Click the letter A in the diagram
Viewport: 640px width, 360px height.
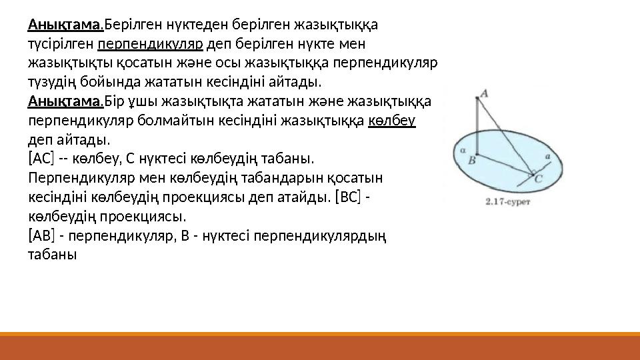(x=485, y=94)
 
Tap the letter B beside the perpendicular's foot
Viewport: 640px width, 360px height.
(x=471, y=160)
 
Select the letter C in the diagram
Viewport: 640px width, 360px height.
(x=539, y=179)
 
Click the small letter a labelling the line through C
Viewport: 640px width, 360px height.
(x=547, y=157)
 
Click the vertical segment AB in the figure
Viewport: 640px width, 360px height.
(x=477, y=127)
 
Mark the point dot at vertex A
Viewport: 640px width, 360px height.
(x=477, y=98)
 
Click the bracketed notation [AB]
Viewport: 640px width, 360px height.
(x=41, y=236)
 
